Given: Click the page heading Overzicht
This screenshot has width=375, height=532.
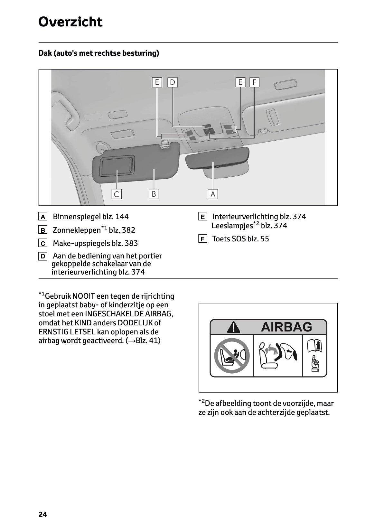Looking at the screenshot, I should click(x=70, y=22).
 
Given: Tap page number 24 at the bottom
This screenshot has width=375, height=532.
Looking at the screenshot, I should click(x=42, y=514).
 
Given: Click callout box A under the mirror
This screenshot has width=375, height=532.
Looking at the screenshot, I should click(x=213, y=194).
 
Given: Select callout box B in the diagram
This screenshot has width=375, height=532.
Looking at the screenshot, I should click(x=154, y=194).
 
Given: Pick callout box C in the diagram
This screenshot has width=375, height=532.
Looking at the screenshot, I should click(x=117, y=194).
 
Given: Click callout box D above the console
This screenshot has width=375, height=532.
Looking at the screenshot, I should click(x=173, y=82).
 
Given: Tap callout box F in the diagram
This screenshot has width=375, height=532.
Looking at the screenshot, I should click(x=254, y=82).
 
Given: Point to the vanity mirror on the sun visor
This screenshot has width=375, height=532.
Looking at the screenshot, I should click(x=117, y=166).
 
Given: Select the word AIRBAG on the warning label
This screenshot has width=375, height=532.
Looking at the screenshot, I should click(x=286, y=327).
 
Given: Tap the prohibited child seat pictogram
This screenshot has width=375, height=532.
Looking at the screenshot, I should click(x=231, y=356).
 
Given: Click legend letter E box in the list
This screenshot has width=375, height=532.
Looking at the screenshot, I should click(x=202, y=217).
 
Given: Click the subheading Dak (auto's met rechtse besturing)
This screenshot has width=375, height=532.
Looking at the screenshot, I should click(x=99, y=53).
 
